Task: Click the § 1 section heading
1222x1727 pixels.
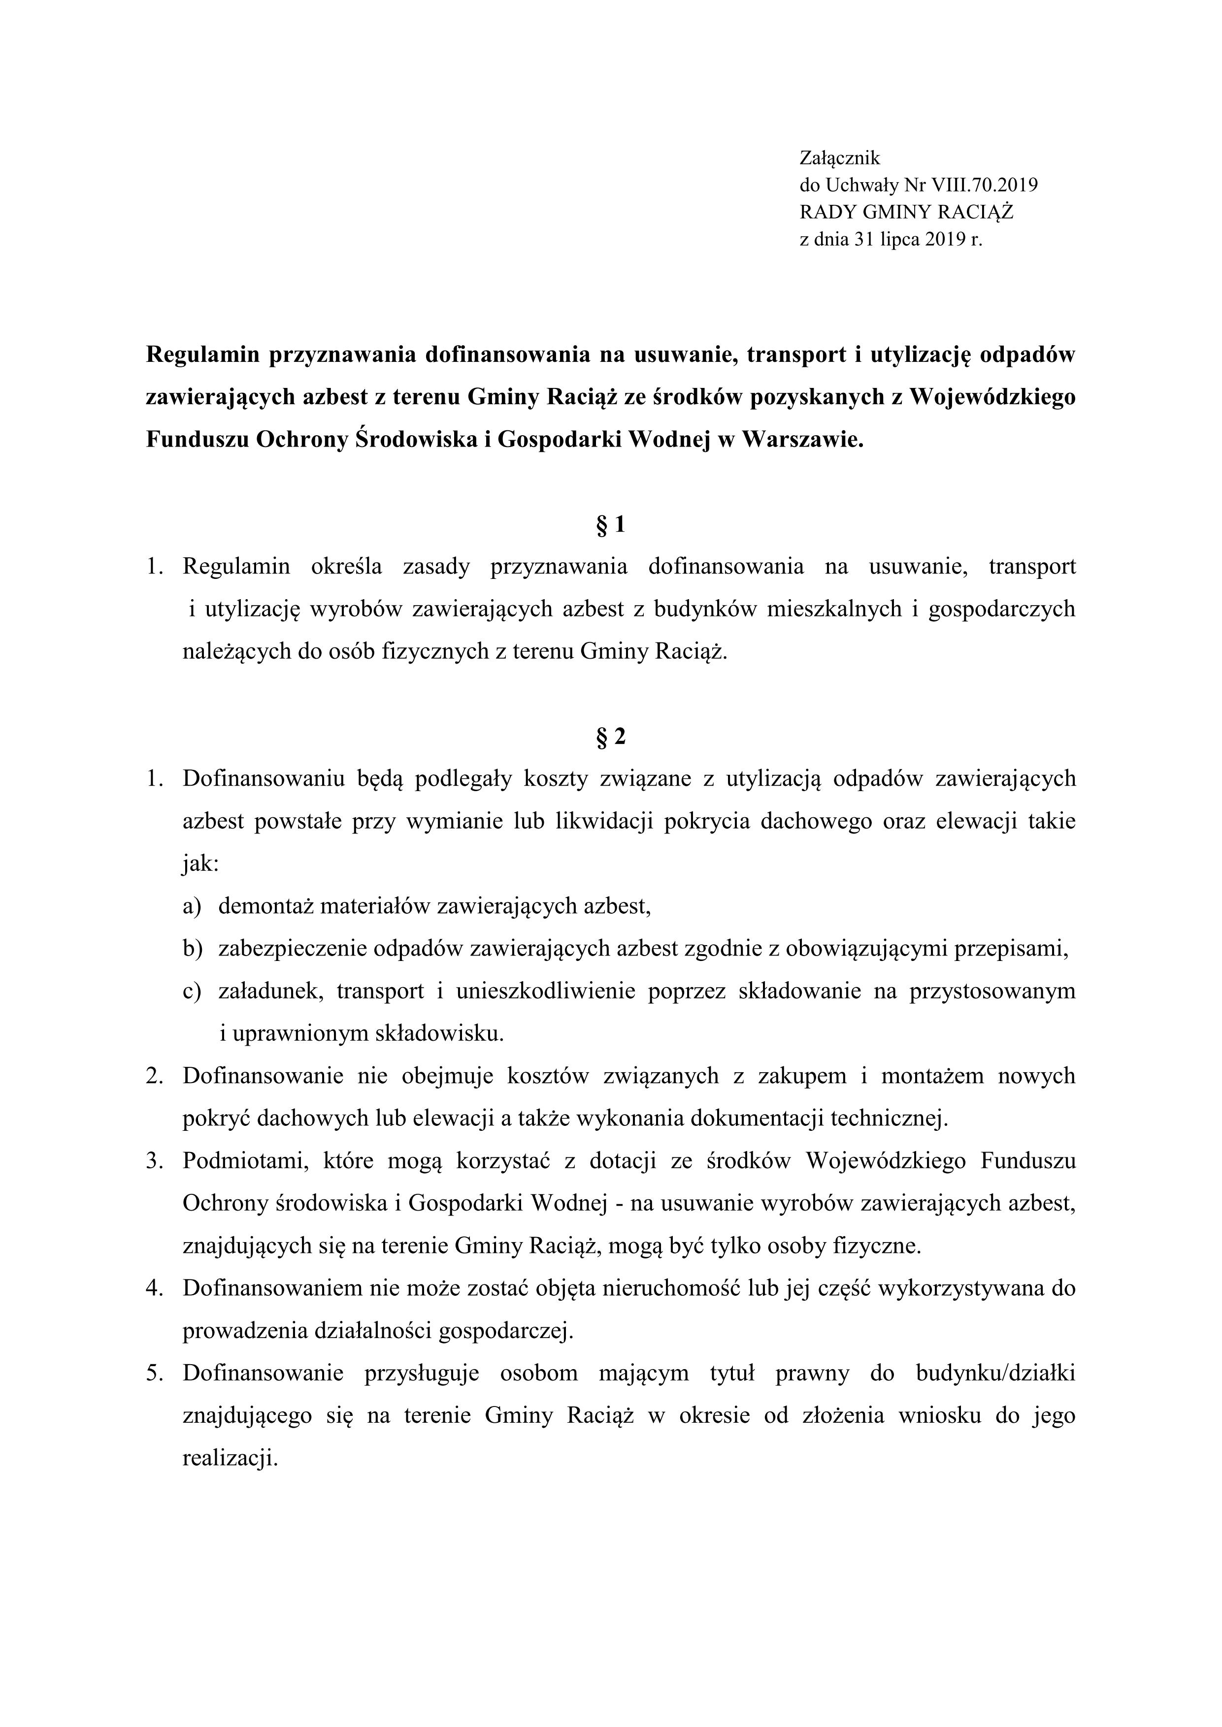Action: point(610,525)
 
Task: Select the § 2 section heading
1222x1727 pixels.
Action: point(610,737)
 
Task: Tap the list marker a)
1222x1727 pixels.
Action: point(192,906)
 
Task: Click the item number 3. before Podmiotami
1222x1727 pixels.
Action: point(155,1161)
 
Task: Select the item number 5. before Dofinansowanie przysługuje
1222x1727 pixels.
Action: point(155,1374)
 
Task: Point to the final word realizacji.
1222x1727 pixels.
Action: point(230,1459)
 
